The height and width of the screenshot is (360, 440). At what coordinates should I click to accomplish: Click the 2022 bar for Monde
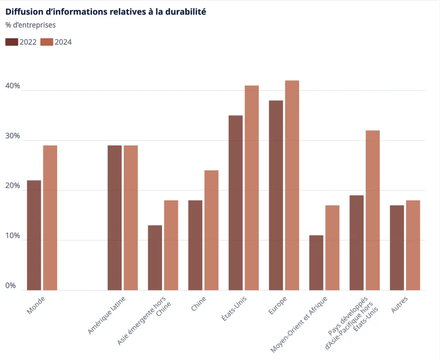point(34,235)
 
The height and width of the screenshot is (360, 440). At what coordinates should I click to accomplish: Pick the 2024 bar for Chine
point(211,230)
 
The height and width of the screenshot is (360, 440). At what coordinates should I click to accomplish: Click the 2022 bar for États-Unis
point(235,203)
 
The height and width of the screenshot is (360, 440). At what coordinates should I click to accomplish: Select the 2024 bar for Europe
point(292,185)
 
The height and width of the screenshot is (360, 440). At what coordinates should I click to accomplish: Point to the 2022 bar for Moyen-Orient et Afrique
point(316,263)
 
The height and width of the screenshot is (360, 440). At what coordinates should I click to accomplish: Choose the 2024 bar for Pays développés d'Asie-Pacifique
point(373,210)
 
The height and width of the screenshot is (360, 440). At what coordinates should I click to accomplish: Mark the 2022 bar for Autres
point(397,248)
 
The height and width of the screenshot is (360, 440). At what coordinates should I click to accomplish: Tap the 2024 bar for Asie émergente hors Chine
point(171,245)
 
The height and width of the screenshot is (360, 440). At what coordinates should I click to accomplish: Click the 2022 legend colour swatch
point(12,42)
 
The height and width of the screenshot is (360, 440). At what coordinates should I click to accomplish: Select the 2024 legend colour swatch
point(46,42)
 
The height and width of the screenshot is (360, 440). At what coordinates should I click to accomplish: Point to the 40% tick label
point(13,86)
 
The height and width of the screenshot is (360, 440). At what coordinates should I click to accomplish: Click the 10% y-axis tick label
point(13,236)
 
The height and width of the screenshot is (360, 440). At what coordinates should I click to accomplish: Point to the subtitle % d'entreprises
point(31,25)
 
